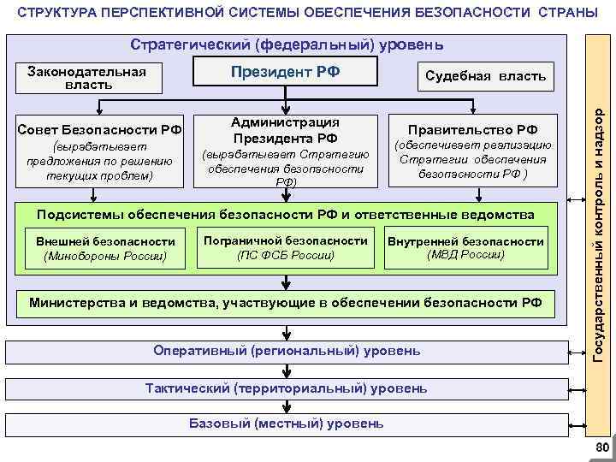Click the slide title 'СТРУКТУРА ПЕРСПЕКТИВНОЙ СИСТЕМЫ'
coord(307,15)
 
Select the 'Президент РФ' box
coord(286,73)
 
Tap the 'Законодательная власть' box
coord(82,78)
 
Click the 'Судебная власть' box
coord(484,76)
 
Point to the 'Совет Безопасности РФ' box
coord(100,151)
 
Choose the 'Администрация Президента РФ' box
coord(286,151)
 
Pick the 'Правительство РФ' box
coord(473,151)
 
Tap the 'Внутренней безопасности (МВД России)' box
coord(465,248)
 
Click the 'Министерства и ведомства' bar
coord(286,302)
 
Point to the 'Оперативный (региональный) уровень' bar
coord(286,352)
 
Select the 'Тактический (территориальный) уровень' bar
coord(286,388)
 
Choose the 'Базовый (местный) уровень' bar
coord(286,423)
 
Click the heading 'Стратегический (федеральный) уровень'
coord(286,44)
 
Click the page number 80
coord(601,448)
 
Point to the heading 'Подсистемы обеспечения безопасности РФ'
coord(286,214)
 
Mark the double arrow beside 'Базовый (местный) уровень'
coord(575,423)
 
